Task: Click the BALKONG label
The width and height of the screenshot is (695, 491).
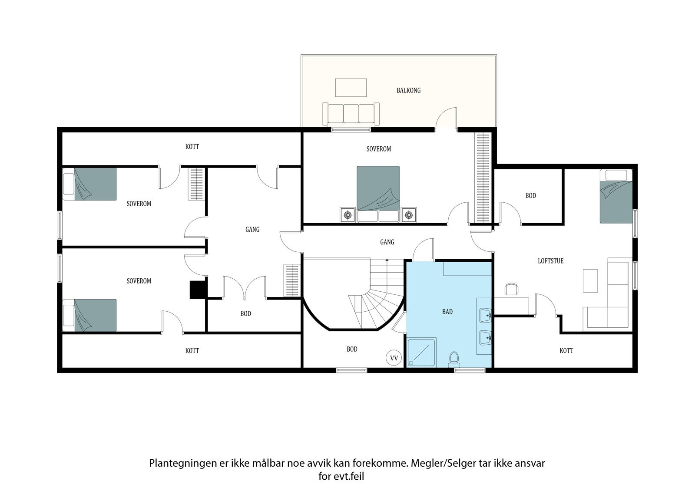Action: (x=408, y=90)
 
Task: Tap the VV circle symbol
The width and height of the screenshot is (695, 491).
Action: (x=394, y=358)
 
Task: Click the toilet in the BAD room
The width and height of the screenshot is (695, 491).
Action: (x=454, y=359)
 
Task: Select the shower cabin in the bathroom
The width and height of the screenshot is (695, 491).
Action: (x=421, y=353)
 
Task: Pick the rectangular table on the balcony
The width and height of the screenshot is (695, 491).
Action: (x=351, y=87)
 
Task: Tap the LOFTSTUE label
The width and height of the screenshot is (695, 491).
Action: (x=550, y=261)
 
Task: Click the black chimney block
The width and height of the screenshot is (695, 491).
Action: (x=198, y=290)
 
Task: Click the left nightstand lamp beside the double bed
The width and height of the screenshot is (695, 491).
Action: (x=347, y=214)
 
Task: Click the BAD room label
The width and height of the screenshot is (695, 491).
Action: (x=447, y=312)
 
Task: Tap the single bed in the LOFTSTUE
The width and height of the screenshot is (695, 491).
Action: (x=616, y=196)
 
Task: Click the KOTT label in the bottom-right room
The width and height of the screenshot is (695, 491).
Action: (x=566, y=350)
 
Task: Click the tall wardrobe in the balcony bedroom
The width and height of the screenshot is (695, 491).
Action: (x=483, y=178)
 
